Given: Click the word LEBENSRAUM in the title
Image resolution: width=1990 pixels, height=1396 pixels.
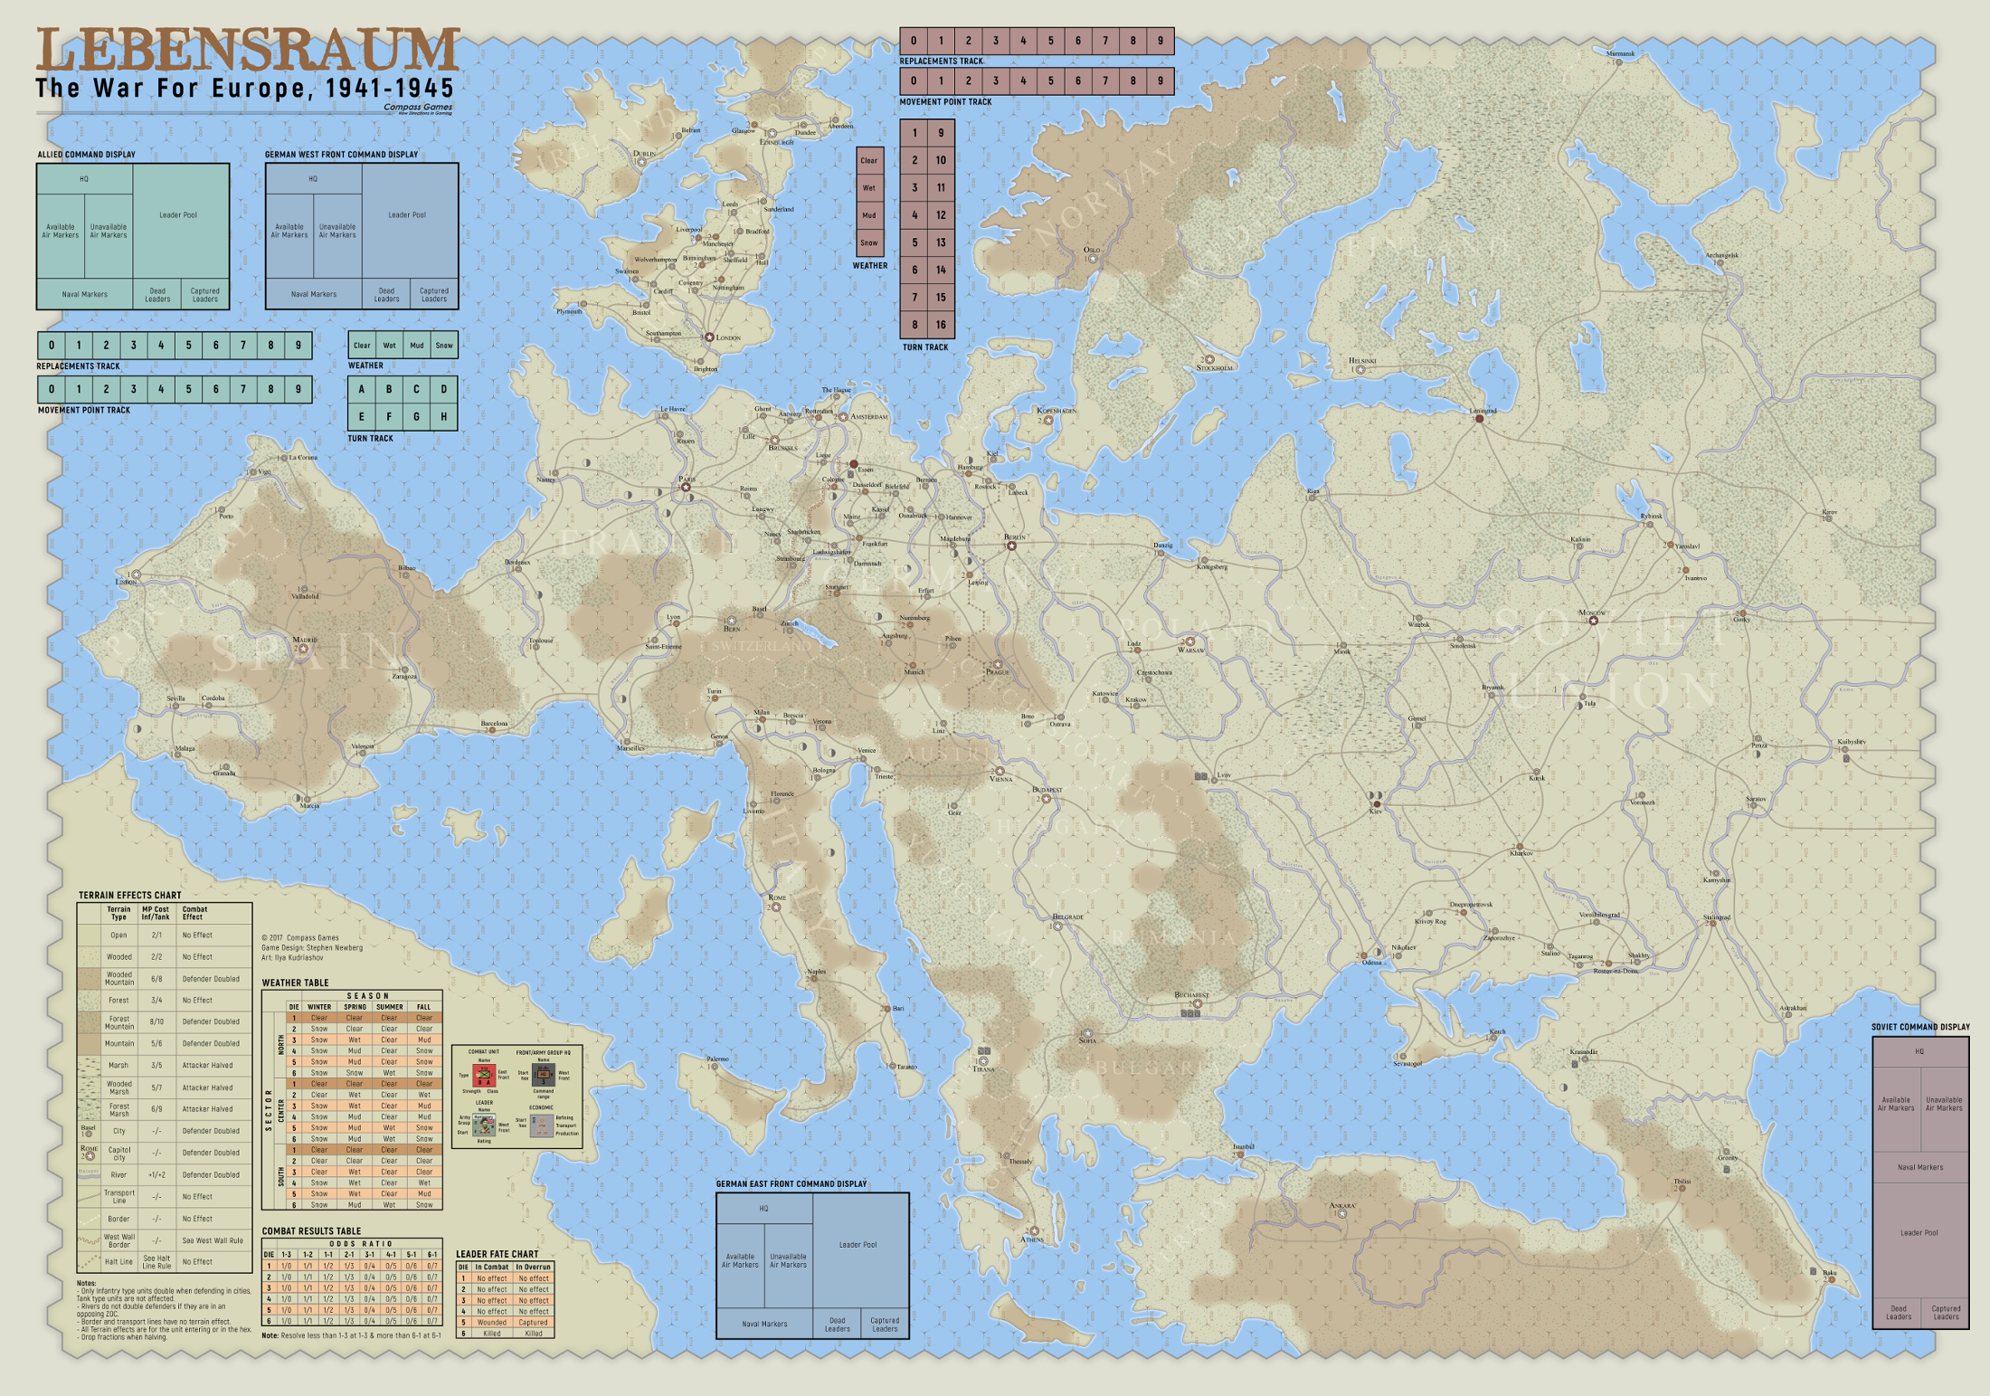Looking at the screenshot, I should [248, 51].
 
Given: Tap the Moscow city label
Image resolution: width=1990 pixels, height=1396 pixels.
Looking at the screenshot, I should [1591, 613].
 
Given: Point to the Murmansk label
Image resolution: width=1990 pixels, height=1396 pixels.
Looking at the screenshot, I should [1620, 53].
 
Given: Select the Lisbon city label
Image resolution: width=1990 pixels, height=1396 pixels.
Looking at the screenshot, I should [126, 582].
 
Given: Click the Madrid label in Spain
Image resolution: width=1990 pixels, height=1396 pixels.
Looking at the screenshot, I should [305, 640].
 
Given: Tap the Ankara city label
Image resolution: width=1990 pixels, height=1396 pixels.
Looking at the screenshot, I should [1342, 1205].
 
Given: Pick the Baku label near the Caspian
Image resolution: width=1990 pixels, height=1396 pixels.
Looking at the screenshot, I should [1829, 1273].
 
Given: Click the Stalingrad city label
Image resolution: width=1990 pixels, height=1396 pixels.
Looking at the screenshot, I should [1716, 917].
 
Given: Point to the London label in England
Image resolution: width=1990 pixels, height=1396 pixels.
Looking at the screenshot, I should [728, 338].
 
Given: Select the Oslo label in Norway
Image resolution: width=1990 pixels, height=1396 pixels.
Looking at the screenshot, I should [1092, 250].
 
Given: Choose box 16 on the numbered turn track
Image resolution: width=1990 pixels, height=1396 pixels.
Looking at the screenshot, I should [941, 325].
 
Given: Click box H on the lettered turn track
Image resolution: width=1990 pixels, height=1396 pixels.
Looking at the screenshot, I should [443, 417].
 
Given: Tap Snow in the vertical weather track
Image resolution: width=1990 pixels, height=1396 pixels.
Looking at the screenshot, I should [869, 242].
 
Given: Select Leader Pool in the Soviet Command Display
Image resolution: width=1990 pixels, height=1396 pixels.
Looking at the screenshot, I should [1919, 1233].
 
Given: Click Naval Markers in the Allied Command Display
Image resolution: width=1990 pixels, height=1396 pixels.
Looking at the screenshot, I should [84, 294].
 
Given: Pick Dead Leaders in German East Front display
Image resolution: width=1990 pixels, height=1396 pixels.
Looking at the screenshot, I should [837, 1324].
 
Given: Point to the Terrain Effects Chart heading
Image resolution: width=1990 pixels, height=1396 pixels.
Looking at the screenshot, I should [129, 896].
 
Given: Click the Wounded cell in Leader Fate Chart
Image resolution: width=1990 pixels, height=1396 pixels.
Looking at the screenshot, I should [491, 1322].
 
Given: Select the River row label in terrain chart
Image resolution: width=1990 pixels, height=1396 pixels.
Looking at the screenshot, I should [118, 1174].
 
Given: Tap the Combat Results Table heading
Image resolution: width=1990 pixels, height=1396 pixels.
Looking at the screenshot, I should [311, 1231].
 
